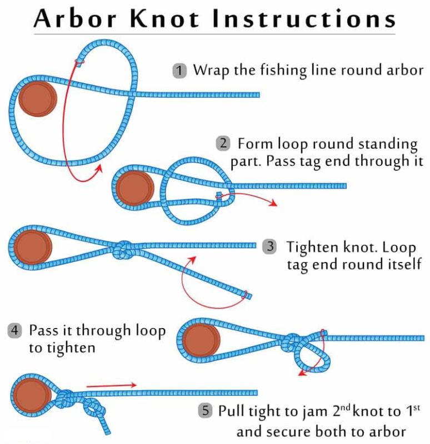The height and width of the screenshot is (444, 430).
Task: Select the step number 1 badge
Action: tap(179, 71)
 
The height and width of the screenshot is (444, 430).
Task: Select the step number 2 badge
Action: tap(223, 143)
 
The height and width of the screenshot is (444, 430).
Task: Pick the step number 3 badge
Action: tap(270, 246)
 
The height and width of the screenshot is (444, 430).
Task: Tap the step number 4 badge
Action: tap(15, 331)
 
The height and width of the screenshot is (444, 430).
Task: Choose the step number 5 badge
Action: tap(206, 411)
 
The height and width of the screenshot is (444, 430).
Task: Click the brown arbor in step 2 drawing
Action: tap(135, 188)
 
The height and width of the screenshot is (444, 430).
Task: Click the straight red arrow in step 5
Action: tap(111, 385)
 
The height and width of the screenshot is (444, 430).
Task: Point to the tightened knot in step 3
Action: tap(124, 250)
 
